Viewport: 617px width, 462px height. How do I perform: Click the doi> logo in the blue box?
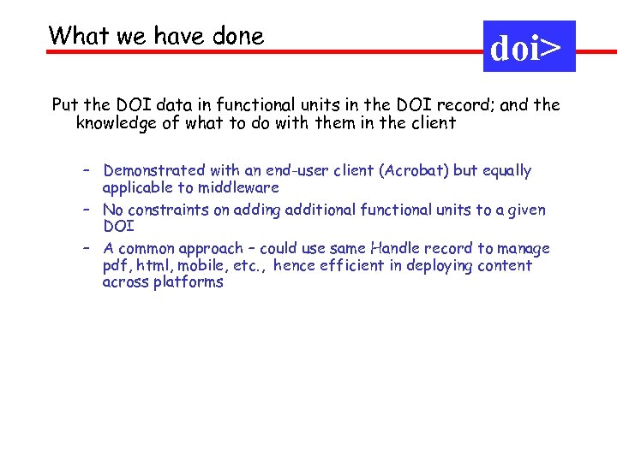point(529,47)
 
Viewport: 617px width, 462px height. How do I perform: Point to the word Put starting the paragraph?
point(65,105)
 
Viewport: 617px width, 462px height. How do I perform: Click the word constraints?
point(168,210)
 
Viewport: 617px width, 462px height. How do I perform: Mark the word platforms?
point(189,282)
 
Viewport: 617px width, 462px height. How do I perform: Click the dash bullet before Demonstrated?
point(87,171)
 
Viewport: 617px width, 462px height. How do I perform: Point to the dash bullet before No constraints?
point(87,210)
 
